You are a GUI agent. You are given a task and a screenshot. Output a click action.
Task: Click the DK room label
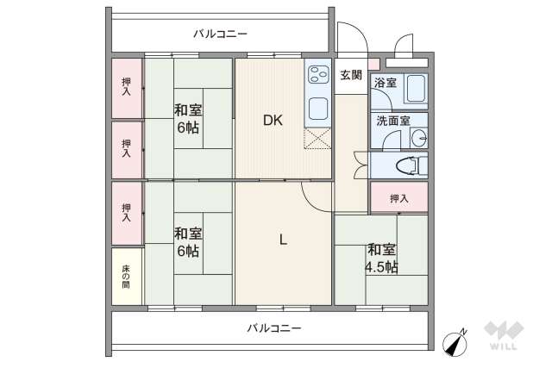[273, 121]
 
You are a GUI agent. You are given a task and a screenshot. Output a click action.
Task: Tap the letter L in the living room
[282, 240]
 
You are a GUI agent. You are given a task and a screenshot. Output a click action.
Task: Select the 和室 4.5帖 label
[380, 259]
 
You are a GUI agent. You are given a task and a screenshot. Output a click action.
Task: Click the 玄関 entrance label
[350, 75]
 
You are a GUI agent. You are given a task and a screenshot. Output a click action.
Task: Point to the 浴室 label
[385, 83]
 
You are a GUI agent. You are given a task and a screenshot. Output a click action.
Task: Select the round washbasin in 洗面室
[417, 137]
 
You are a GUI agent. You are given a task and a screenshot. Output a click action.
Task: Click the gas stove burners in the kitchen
[317, 76]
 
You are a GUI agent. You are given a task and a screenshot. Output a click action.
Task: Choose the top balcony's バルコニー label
[220, 34]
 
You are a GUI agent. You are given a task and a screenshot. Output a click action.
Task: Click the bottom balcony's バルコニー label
[273, 328]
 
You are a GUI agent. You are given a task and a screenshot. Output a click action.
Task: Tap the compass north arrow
[455, 342]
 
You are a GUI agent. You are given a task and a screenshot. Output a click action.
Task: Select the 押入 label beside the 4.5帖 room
[398, 198]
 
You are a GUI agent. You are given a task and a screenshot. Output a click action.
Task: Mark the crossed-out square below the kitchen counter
[317, 139]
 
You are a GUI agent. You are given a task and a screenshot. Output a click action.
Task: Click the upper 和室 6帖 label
[188, 118]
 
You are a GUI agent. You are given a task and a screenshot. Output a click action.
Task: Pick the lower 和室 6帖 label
[188, 242]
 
